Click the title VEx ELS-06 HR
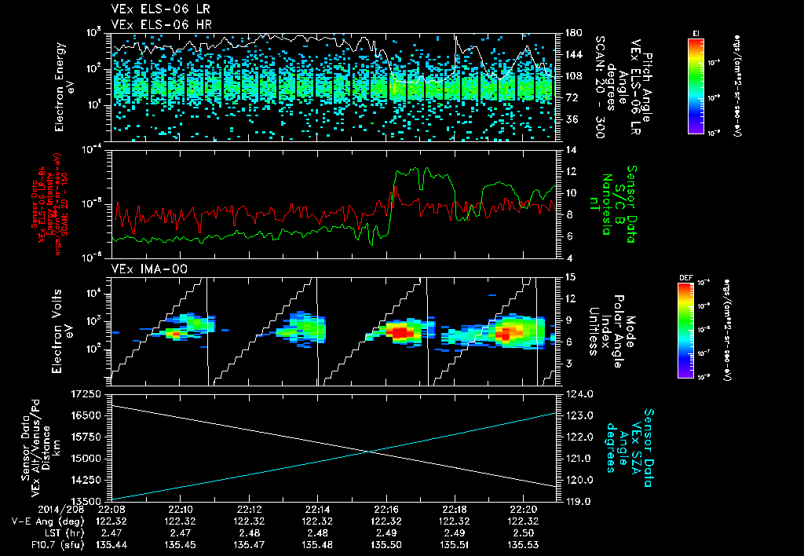pos(151,24)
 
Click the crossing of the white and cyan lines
pos(370,451)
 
